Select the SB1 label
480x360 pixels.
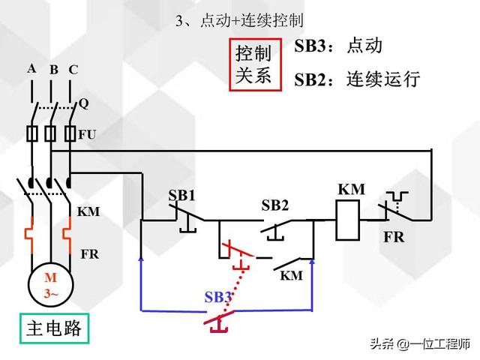click(x=181, y=196)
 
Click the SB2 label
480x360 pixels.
click(x=275, y=205)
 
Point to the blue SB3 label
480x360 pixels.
click(x=217, y=297)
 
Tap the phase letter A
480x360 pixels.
click(x=31, y=68)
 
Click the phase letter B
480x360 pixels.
click(x=54, y=70)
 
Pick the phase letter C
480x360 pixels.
click(x=73, y=70)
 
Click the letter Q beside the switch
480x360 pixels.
click(x=84, y=104)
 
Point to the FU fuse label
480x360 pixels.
click(x=87, y=135)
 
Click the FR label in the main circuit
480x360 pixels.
click(x=88, y=254)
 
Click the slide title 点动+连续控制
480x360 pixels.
click(x=239, y=19)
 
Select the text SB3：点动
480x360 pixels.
click(x=339, y=45)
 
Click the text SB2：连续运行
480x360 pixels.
click(x=356, y=78)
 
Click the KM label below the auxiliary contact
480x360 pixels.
click(x=291, y=275)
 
